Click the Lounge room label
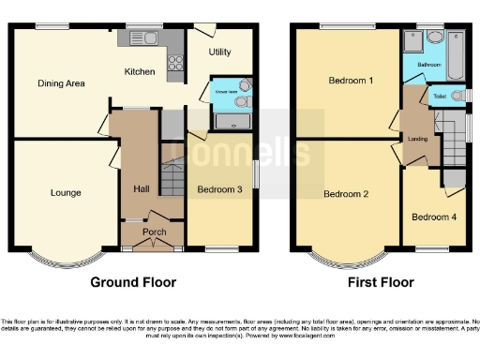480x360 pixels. [x=66, y=193]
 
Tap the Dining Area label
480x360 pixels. [x=62, y=83]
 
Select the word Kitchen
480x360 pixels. [x=141, y=71]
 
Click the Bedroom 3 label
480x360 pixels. [x=219, y=189]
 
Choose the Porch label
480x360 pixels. [x=154, y=232]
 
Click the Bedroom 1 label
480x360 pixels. [x=352, y=81]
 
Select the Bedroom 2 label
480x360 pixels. [x=346, y=194]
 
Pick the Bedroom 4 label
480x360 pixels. [x=435, y=217]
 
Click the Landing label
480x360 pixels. [x=417, y=140]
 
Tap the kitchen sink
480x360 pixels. [x=141, y=38]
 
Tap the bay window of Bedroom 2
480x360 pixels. [x=347, y=256]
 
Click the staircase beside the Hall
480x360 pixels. [x=171, y=178]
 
